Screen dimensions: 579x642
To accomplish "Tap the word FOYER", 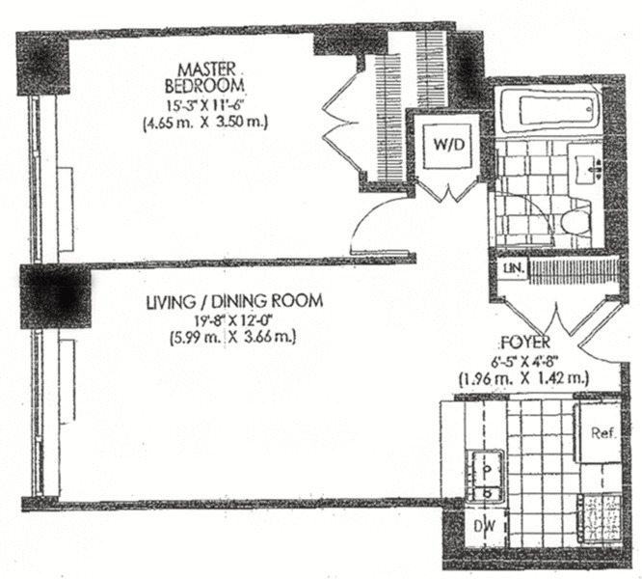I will [526, 342].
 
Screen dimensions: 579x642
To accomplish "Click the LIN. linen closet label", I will [510, 268].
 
